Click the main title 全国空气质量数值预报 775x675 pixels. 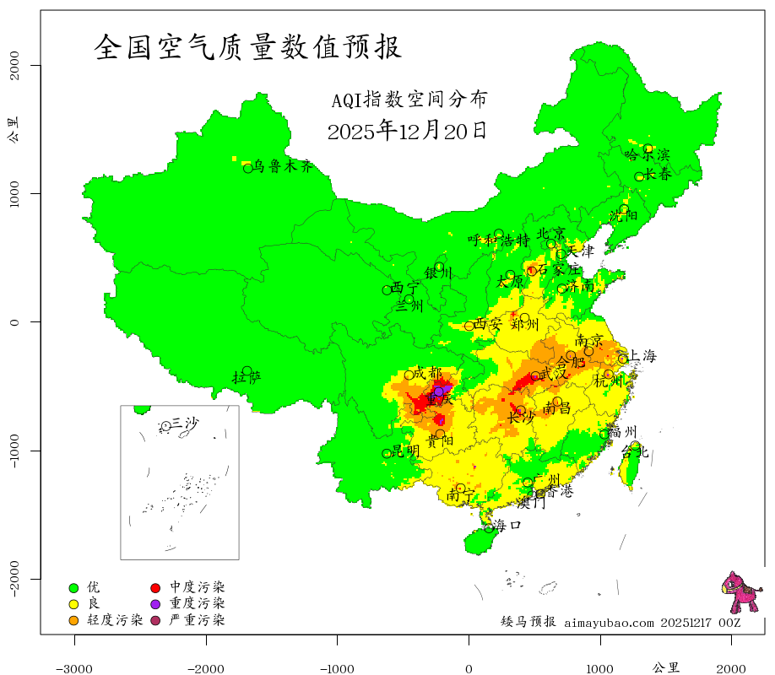[x=248, y=46]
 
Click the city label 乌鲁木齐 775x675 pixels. [x=284, y=166]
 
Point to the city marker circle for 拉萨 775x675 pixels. [x=247, y=370]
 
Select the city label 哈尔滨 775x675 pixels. [x=647, y=154]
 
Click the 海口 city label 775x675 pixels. [x=507, y=525]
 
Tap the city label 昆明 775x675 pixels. [x=406, y=451]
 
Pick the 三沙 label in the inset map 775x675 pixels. [x=185, y=423]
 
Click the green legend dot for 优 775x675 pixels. [x=73, y=587]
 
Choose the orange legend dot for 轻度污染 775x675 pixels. [x=73, y=621]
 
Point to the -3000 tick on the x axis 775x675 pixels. [x=74, y=668]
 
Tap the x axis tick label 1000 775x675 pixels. [x=599, y=668]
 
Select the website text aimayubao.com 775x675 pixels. [x=608, y=623]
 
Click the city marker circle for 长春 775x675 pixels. [x=639, y=176]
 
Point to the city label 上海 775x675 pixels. [x=642, y=356]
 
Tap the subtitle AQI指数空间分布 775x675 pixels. [x=409, y=100]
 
